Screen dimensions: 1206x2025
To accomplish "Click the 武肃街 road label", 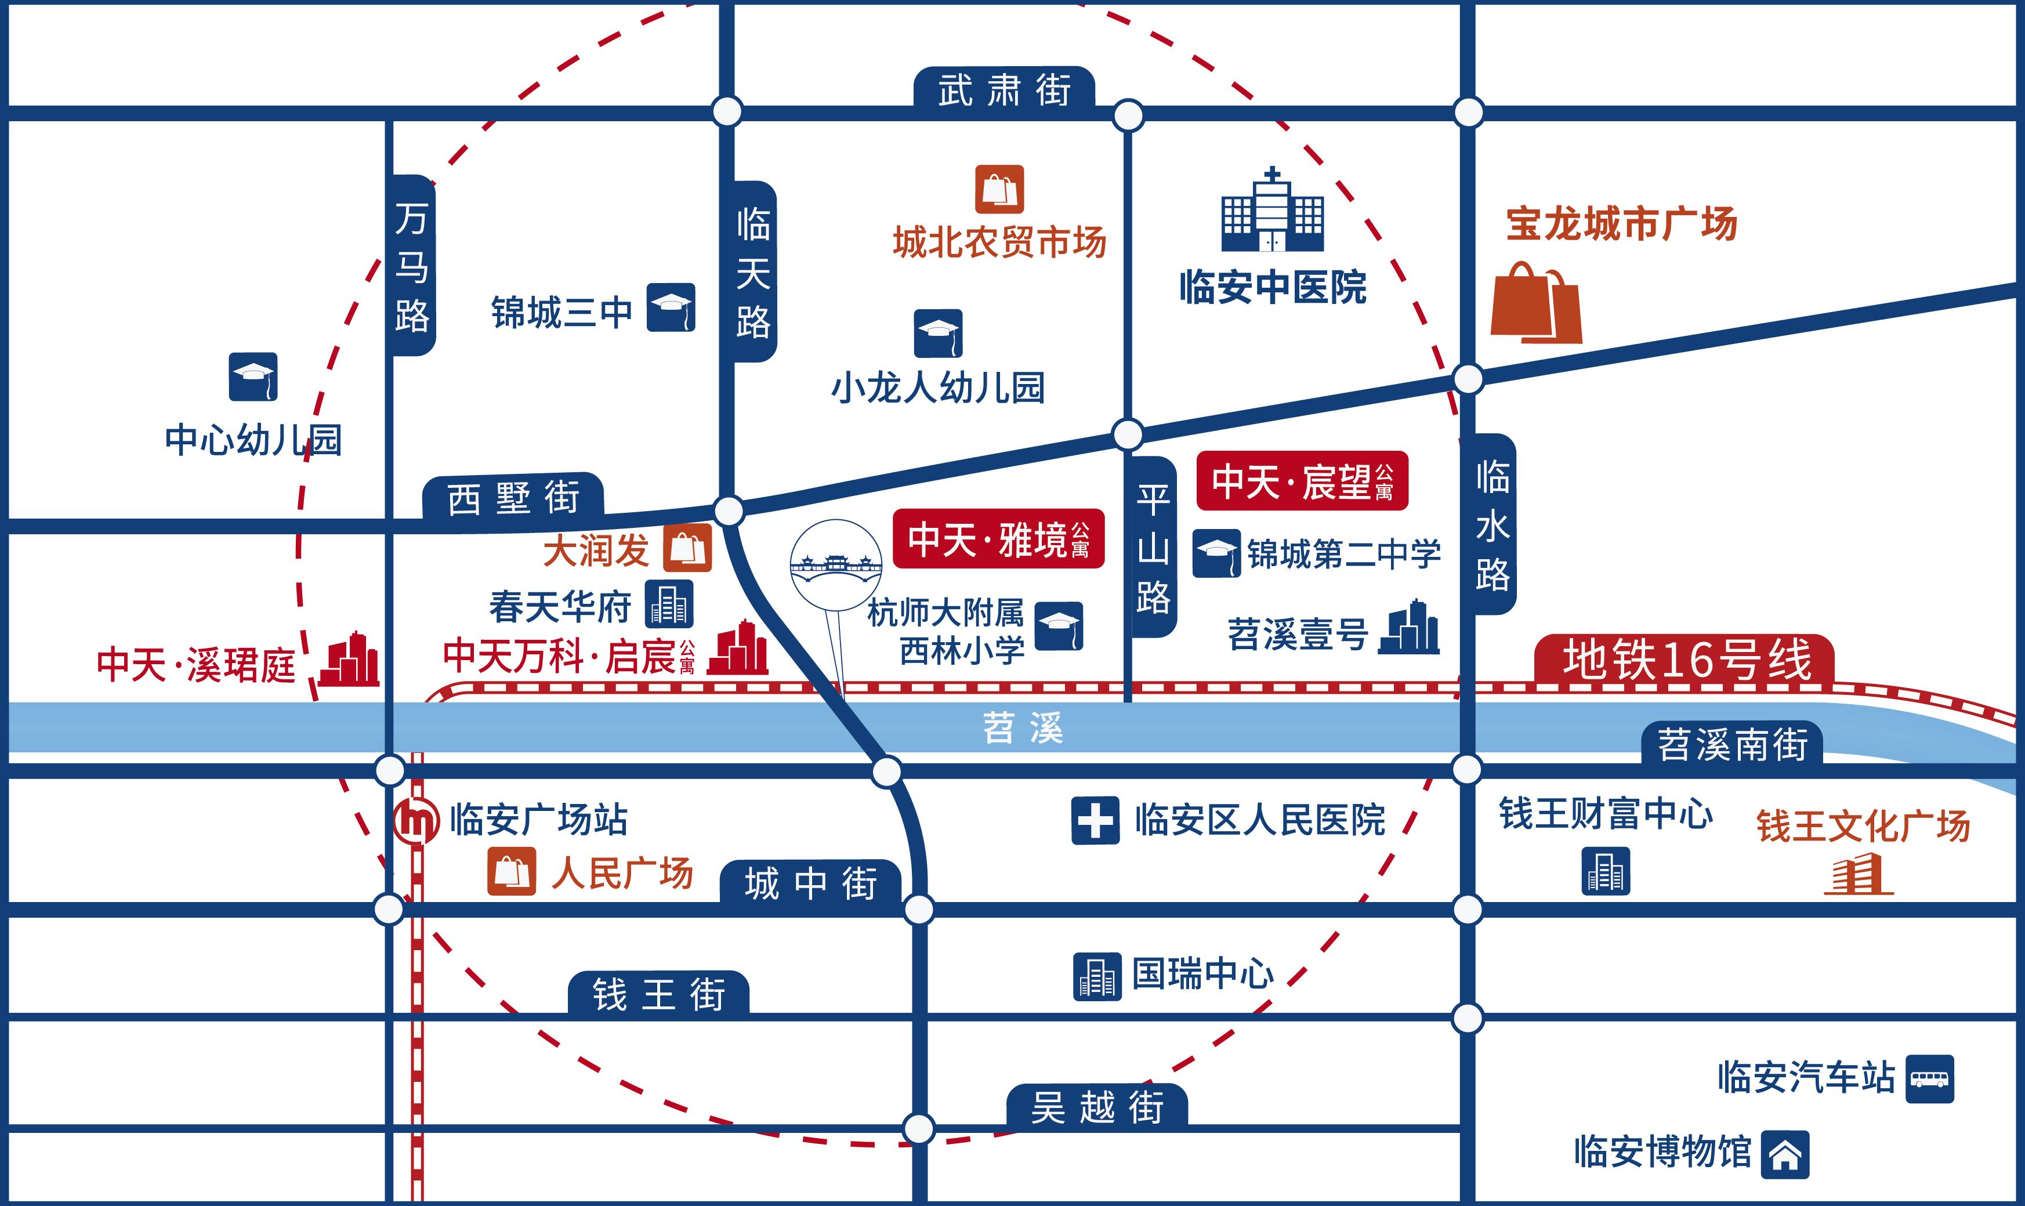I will [x=1004, y=89].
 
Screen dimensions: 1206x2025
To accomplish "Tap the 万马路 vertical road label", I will [x=412, y=267].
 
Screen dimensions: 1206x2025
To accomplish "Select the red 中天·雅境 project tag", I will [x=998, y=539].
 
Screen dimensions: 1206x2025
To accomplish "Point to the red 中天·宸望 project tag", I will [x=1302, y=481].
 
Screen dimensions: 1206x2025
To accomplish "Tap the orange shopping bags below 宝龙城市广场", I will [x=1536, y=302].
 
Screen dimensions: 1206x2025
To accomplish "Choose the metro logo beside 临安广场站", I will [x=416, y=821].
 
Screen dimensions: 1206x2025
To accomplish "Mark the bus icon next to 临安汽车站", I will [x=1929, y=1079].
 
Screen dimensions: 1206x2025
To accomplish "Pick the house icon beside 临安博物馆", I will [x=1785, y=1154].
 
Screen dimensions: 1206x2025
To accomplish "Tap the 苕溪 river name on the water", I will [x=1022, y=728].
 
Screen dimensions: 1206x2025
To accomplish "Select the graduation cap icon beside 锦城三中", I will [x=671, y=307].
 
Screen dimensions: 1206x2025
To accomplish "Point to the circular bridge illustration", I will [x=836, y=565].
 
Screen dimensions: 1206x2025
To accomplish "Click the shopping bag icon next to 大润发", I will [x=687, y=547].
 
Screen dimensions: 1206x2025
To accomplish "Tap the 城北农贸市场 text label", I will [x=999, y=242].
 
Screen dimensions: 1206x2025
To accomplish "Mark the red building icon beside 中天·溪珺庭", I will [x=349, y=659].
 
